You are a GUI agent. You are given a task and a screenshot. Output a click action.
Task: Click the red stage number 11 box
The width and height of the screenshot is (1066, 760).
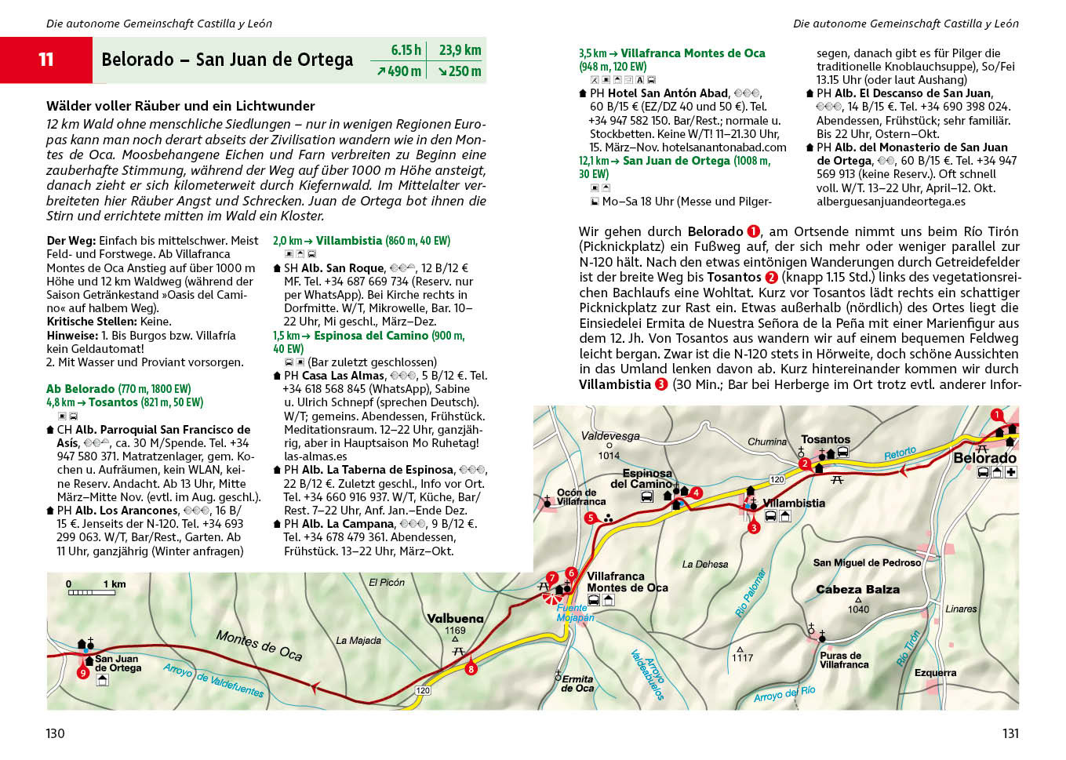click(x=46, y=60)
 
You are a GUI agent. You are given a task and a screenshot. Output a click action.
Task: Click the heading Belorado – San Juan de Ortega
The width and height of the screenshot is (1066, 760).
click(x=227, y=60)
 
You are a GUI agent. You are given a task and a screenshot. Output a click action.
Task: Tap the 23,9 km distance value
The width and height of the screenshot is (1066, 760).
click(x=460, y=50)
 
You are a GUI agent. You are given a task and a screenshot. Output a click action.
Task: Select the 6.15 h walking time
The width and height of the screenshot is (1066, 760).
click(x=406, y=50)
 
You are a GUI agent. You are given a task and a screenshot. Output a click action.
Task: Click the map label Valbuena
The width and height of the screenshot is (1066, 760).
click(x=455, y=618)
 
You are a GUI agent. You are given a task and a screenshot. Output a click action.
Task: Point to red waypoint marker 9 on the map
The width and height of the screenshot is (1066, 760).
click(x=82, y=672)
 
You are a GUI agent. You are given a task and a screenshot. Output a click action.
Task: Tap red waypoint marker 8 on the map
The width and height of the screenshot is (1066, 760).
click(x=471, y=669)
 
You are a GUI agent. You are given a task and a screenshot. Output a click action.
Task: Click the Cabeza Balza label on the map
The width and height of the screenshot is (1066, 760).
click(x=857, y=589)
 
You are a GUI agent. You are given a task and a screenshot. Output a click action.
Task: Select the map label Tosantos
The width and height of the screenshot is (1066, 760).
click(x=825, y=439)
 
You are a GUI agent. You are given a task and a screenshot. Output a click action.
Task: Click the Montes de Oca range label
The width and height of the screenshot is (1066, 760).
click(x=259, y=645)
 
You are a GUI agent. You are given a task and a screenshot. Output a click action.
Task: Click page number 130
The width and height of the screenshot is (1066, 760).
click(x=55, y=733)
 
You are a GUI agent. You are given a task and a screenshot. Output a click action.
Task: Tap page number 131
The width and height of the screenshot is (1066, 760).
click(x=1010, y=733)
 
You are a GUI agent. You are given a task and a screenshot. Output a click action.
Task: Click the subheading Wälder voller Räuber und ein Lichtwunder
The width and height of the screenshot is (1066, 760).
click(x=180, y=106)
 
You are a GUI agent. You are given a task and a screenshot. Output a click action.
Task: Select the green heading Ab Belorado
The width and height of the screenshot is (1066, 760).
click(x=80, y=389)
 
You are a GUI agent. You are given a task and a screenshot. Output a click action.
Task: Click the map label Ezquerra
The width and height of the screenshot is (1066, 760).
click(x=935, y=672)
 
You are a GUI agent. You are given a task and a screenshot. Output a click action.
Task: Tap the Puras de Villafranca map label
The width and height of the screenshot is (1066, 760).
click(x=844, y=660)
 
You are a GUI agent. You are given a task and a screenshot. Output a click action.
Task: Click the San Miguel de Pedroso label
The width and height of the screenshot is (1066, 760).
click(x=867, y=562)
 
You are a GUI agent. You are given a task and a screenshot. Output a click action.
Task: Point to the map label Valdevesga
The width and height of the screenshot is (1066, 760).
click(x=610, y=436)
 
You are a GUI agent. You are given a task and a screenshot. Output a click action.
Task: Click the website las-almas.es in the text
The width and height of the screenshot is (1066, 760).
click(x=315, y=456)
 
